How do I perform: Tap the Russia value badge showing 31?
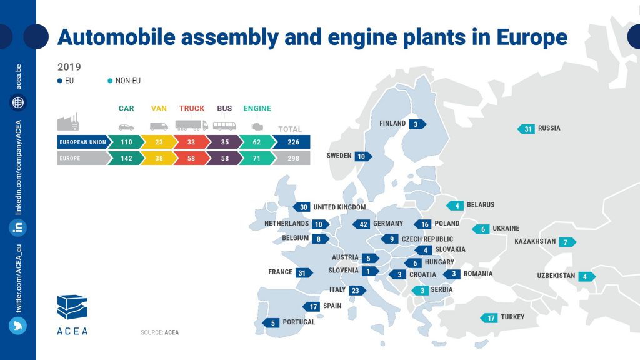click(527, 129)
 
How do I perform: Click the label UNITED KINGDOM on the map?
click(339, 207)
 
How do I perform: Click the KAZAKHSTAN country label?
click(535, 242)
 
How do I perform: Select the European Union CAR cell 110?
click(126, 142)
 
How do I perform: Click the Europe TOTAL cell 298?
click(290, 159)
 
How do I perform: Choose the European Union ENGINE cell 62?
click(257, 142)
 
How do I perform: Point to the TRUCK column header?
click(192, 109)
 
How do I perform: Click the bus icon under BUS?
click(224, 126)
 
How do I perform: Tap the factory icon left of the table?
click(68, 121)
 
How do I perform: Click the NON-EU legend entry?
click(128, 81)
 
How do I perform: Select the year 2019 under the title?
click(69, 67)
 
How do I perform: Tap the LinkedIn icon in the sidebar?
click(18, 227)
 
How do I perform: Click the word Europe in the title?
click(532, 37)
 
